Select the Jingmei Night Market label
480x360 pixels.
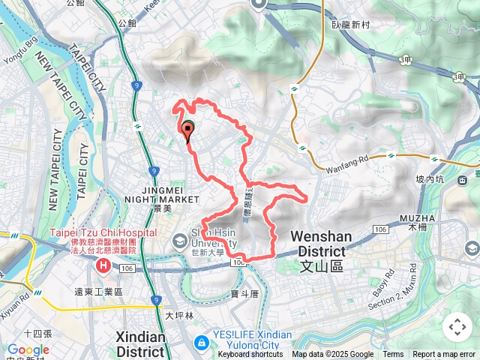click(170, 194)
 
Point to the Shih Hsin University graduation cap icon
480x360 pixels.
click(180, 241)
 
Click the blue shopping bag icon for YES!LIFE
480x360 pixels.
click(200, 342)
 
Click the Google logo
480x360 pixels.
click(28, 349)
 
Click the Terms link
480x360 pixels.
click(393, 355)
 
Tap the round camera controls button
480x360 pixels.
click(457, 327)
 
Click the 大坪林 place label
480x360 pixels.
click(179, 316)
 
